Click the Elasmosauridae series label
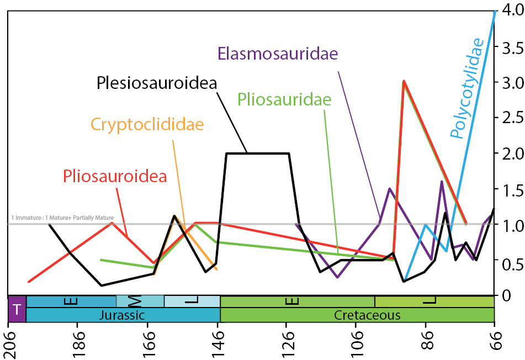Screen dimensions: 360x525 pos(278,54)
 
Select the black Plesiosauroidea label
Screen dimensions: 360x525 pos(157,83)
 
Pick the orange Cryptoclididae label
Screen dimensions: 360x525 pos(147,124)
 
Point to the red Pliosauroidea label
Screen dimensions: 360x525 pos(115,176)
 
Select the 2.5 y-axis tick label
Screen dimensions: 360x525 pos(509,118)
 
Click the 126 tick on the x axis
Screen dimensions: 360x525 pos(287,345)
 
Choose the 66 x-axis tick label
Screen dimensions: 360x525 pos(495,345)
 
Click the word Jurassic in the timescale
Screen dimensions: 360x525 pos(122,315)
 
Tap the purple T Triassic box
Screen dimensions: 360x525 pos(17,309)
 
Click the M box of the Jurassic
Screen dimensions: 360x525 pos(140,301)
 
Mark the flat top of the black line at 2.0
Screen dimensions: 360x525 pos(257,153)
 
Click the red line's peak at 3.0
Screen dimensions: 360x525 pos(404,82)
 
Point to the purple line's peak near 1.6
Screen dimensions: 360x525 pos(442,181)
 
